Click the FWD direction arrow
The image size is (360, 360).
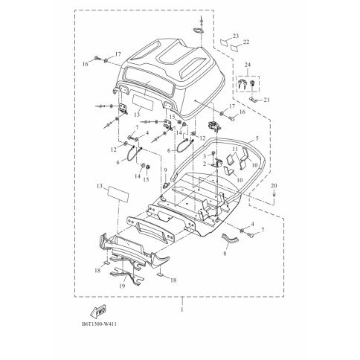[x=98, y=311]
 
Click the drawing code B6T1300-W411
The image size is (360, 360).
[x=99, y=324]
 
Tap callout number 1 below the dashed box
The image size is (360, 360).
[x=182, y=309]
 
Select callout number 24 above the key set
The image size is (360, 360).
[x=248, y=65]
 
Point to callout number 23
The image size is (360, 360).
[x=236, y=36]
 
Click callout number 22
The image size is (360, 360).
[x=246, y=42]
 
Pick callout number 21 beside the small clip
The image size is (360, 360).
[x=266, y=100]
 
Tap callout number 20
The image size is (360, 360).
[x=274, y=185]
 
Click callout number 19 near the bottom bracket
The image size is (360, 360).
[x=122, y=286]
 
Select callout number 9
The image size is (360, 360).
[x=165, y=170]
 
